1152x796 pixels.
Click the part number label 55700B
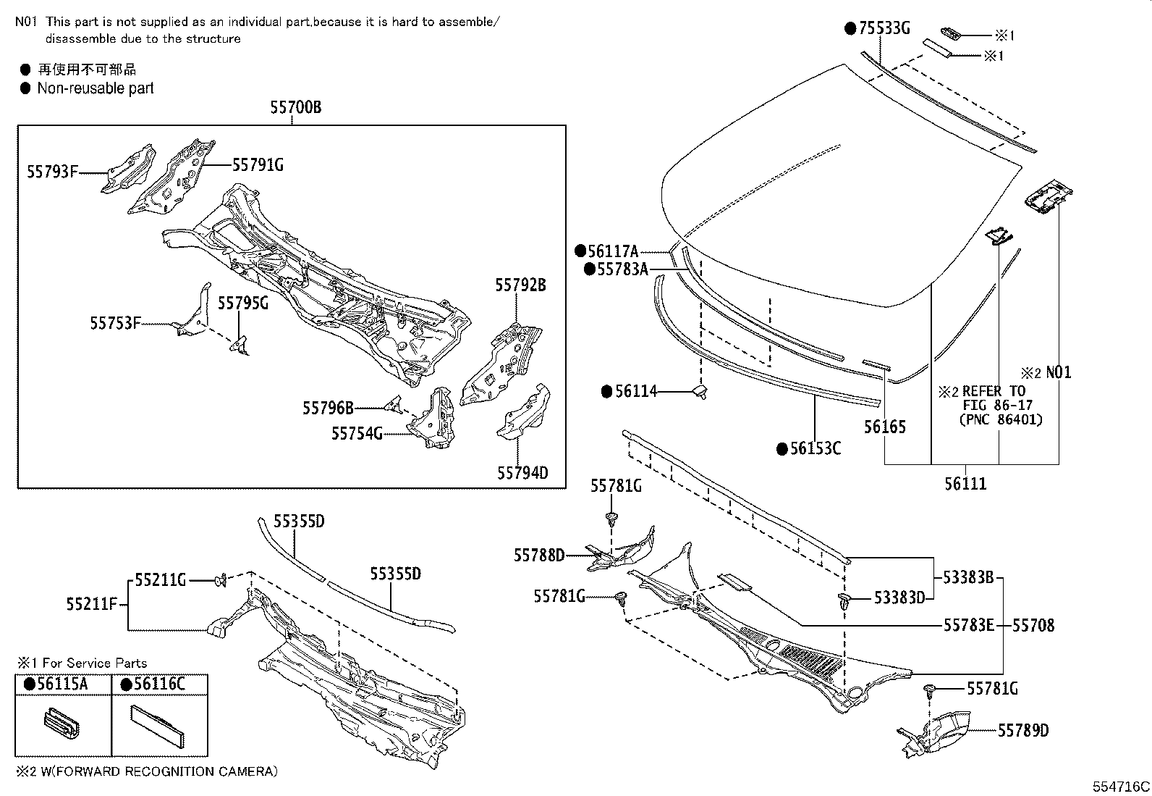click(295, 108)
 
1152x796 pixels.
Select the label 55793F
click(52, 172)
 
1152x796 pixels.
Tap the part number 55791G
click(258, 165)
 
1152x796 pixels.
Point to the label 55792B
click(520, 285)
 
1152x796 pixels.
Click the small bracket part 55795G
click(240, 345)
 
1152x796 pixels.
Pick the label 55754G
click(357, 433)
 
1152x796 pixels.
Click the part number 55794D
click(522, 473)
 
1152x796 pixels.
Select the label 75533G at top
click(883, 28)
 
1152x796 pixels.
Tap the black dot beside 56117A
click(580, 251)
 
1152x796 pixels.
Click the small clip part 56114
click(700, 392)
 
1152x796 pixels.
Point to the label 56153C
click(816, 448)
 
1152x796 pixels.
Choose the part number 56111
click(965, 483)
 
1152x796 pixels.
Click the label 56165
click(884, 427)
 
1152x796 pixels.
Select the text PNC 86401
click(1001, 419)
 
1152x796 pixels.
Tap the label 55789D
click(1023, 731)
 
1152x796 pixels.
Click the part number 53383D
click(899, 598)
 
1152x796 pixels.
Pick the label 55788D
click(539, 555)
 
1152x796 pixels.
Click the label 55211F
click(92, 603)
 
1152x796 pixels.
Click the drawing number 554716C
click(1121, 787)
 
